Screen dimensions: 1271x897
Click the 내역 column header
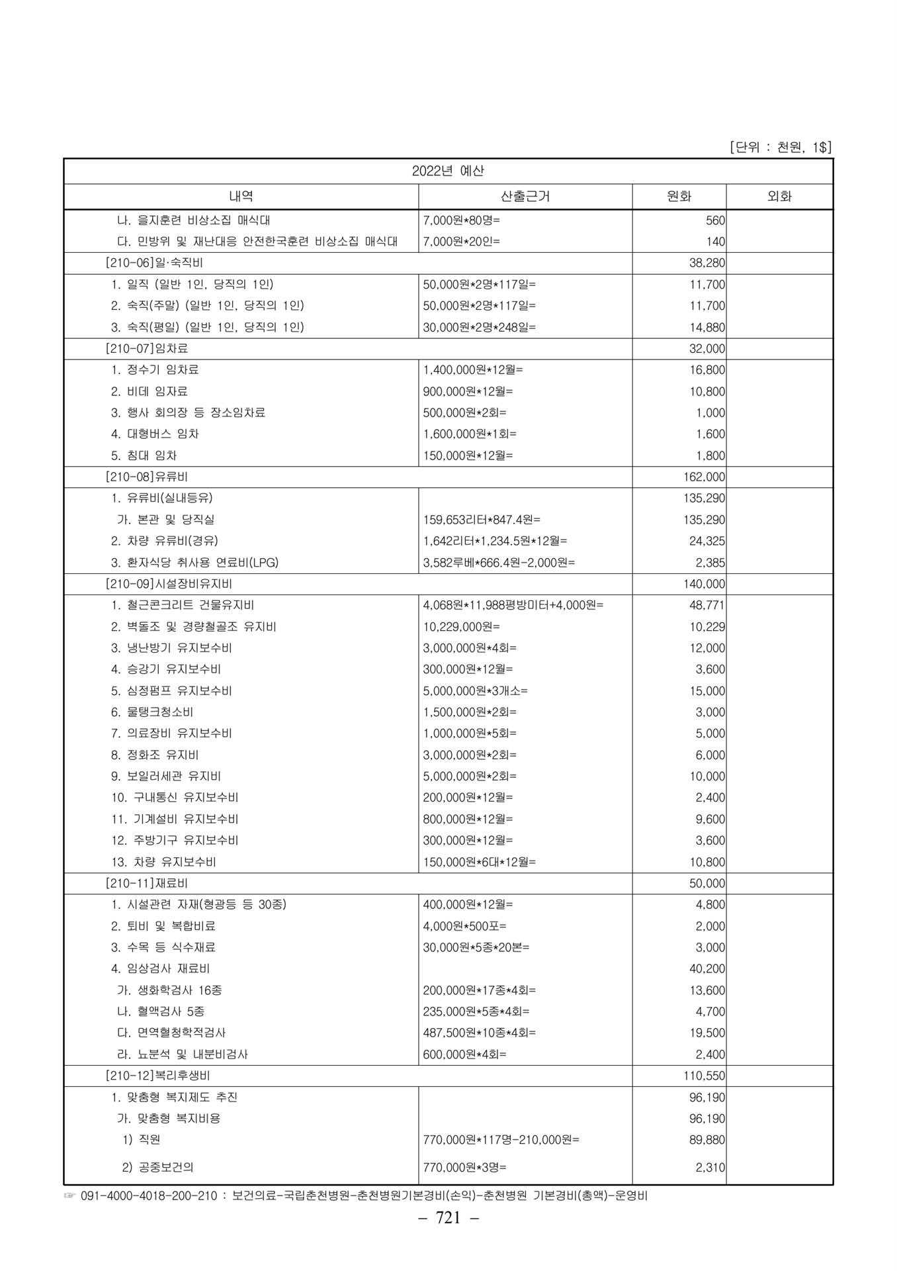241,196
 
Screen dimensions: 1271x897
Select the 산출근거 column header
525,196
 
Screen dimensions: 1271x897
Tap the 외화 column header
779,196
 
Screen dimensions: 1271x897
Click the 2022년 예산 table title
448,171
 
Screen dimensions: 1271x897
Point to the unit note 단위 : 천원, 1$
780,148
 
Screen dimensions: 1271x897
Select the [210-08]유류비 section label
146,477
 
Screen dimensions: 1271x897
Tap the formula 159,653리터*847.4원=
476,520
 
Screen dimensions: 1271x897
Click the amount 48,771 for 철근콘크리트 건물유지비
706,605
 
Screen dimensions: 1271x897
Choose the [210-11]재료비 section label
146,883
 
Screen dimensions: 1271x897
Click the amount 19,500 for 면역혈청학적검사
706,1033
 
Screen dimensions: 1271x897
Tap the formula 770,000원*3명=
464,1168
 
